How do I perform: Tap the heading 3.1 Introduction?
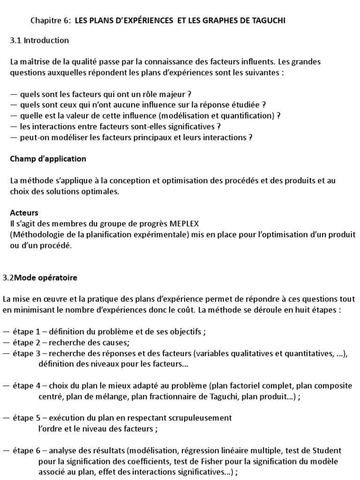(39, 40)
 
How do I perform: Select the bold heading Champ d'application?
(48, 159)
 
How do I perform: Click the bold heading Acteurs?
(24, 213)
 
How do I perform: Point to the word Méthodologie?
(35, 234)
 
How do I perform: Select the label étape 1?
(30, 331)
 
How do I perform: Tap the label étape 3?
(30, 353)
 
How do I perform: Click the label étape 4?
(30, 386)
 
